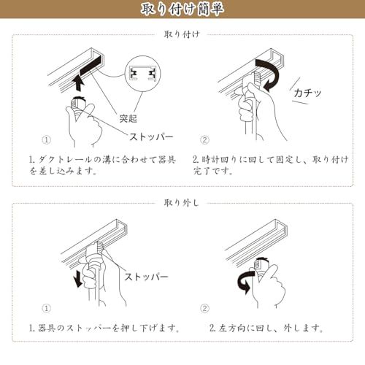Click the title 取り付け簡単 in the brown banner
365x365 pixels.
coord(182,9)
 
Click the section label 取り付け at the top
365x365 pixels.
coord(182,34)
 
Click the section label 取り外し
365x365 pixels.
coord(182,201)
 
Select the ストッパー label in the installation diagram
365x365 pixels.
coord(153,137)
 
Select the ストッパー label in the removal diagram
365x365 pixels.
coord(146,277)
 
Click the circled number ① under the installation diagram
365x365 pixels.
coord(46,139)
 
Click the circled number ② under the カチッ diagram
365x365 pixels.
coord(205,139)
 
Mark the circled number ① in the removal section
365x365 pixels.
coord(46,309)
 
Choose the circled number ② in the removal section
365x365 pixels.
coord(205,309)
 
